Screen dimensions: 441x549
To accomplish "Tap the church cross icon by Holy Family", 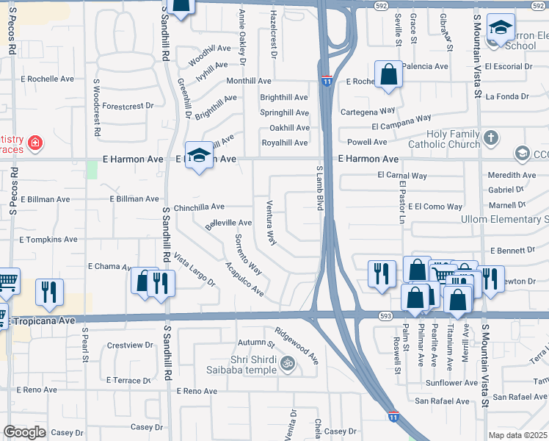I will tap(492, 137).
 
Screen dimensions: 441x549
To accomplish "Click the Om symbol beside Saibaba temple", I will tap(288, 362).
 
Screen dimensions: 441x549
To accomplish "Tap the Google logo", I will tap(24, 432).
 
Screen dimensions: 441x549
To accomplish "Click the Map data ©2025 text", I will tap(518, 434).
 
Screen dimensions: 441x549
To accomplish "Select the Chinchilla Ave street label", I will tap(199, 207).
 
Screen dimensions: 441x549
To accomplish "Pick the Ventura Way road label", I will tap(270, 222).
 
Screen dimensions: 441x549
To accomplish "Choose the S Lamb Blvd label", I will tap(320, 188).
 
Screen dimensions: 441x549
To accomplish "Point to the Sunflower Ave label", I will tap(451, 383).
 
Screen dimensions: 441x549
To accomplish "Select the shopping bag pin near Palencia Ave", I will tap(388, 74).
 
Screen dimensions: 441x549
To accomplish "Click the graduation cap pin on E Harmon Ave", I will tap(198, 155).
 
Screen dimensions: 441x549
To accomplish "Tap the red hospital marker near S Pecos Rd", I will tap(34, 141).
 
